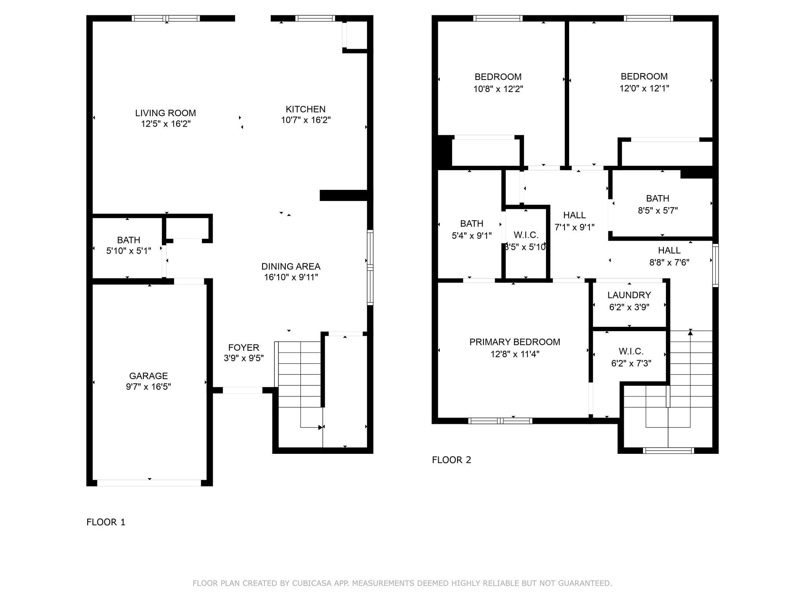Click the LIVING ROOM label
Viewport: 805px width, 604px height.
pyautogui.click(x=165, y=113)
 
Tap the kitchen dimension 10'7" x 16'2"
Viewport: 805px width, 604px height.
pyautogui.click(x=306, y=120)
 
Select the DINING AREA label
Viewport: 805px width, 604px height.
pyautogui.click(x=290, y=267)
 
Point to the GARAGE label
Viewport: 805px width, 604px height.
pyautogui.click(x=148, y=376)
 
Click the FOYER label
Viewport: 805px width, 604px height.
pyautogui.click(x=244, y=348)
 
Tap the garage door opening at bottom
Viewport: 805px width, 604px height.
pyautogui.click(x=149, y=483)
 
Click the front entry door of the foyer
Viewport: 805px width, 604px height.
pyautogui.click(x=243, y=390)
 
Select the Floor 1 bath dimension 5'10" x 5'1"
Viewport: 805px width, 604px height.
pyautogui.click(x=129, y=251)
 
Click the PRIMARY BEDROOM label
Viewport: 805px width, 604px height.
pyautogui.click(x=515, y=342)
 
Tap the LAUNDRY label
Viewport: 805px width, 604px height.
pyautogui.click(x=629, y=295)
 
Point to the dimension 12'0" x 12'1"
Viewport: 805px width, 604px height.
pyautogui.click(x=644, y=88)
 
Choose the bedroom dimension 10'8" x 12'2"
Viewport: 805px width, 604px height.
pyautogui.click(x=498, y=89)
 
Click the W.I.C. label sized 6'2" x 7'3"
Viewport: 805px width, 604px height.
pyautogui.click(x=631, y=351)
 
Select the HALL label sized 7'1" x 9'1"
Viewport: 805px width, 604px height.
pyautogui.click(x=574, y=215)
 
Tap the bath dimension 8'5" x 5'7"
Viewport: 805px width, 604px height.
pyautogui.click(x=658, y=211)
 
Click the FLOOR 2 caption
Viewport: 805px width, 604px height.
pyautogui.click(x=451, y=460)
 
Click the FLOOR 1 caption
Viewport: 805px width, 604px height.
pyautogui.click(x=106, y=522)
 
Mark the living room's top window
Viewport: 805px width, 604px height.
pyautogui.click(x=165, y=18)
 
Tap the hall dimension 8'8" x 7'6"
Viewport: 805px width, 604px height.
pyautogui.click(x=669, y=262)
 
